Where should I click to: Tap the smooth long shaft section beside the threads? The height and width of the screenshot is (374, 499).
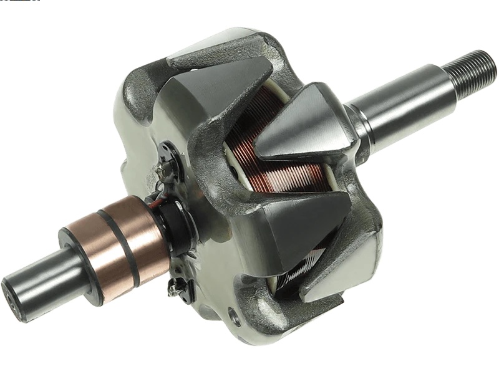[x=409, y=100]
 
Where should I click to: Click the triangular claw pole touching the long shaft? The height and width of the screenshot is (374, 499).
[x=306, y=125]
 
